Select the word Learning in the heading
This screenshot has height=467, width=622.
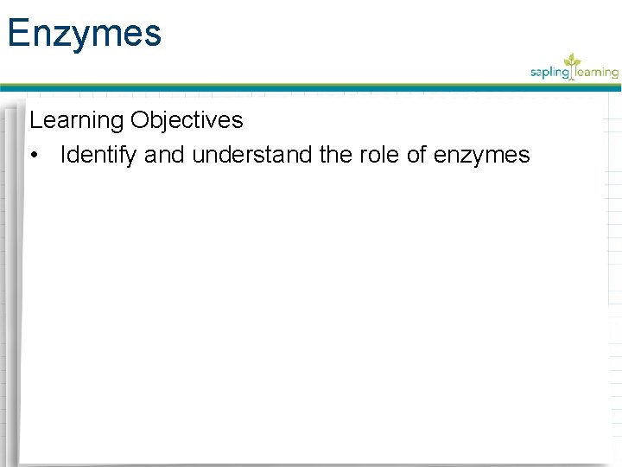(76, 120)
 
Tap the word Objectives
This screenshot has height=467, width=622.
(187, 120)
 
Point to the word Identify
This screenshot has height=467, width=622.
(98, 156)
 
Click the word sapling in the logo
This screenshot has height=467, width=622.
(550, 74)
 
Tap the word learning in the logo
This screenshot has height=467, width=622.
(597, 73)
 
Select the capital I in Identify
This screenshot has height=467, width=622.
(62, 156)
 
